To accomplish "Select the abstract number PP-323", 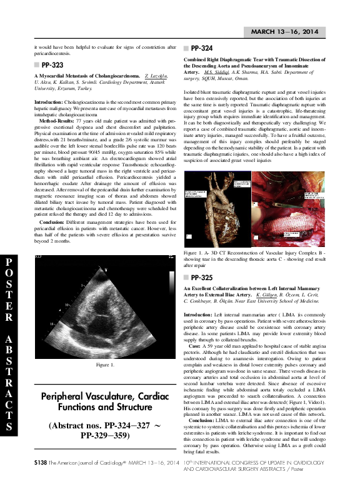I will pos(51,64).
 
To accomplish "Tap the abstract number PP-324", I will pos(201,48).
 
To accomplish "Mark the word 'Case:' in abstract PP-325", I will pos(194,345).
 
